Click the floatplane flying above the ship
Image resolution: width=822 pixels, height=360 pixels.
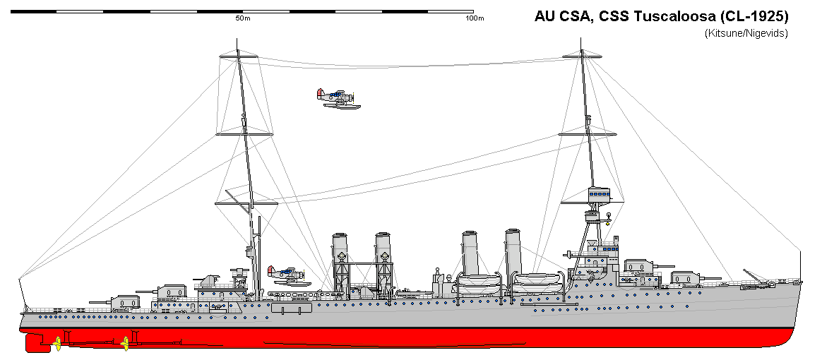pyautogui.click(x=338, y=99)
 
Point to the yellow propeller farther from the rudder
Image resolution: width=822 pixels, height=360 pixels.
pyautogui.click(x=126, y=344)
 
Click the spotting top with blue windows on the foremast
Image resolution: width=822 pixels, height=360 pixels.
pyautogui.click(x=600, y=192)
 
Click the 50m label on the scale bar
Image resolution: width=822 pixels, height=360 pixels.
pyautogui.click(x=243, y=18)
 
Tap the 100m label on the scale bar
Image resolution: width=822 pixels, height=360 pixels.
pyautogui.click(x=475, y=18)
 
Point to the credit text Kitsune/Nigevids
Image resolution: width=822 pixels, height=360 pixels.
pyautogui.click(x=746, y=32)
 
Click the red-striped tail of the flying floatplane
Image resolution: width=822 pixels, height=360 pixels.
pyautogui.click(x=320, y=94)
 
